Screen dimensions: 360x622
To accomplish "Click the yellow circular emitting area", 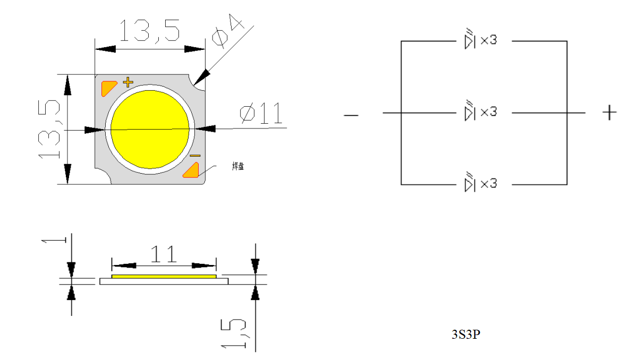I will tap(150, 129).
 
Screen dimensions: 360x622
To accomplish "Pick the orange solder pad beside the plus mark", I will tap(108, 87).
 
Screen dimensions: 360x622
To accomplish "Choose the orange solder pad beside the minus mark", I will tap(191, 170).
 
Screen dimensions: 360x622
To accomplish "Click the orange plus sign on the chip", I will tap(127, 82).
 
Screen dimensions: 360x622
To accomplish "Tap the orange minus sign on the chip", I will tap(195, 156).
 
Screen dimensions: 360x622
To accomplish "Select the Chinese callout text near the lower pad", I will tap(237, 166).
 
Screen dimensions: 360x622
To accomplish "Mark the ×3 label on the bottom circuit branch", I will tap(488, 184).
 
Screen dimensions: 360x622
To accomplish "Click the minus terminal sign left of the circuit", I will tap(351, 115).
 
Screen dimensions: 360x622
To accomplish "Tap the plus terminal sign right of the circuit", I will tap(609, 113).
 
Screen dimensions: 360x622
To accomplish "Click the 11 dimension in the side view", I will tap(163, 254).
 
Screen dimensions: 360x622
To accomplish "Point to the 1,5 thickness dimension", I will tap(234, 333).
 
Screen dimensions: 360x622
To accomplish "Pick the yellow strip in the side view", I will tap(164, 277).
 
